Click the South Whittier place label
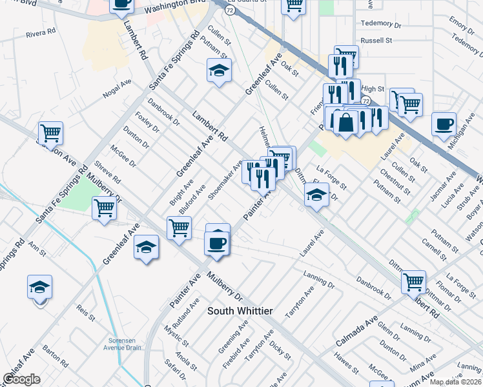click(240, 311)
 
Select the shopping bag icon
click(346, 122)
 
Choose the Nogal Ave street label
click(117, 89)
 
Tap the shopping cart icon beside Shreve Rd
click(104, 208)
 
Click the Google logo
click(21, 379)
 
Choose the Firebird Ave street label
click(234, 346)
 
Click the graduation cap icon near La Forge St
click(316, 195)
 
